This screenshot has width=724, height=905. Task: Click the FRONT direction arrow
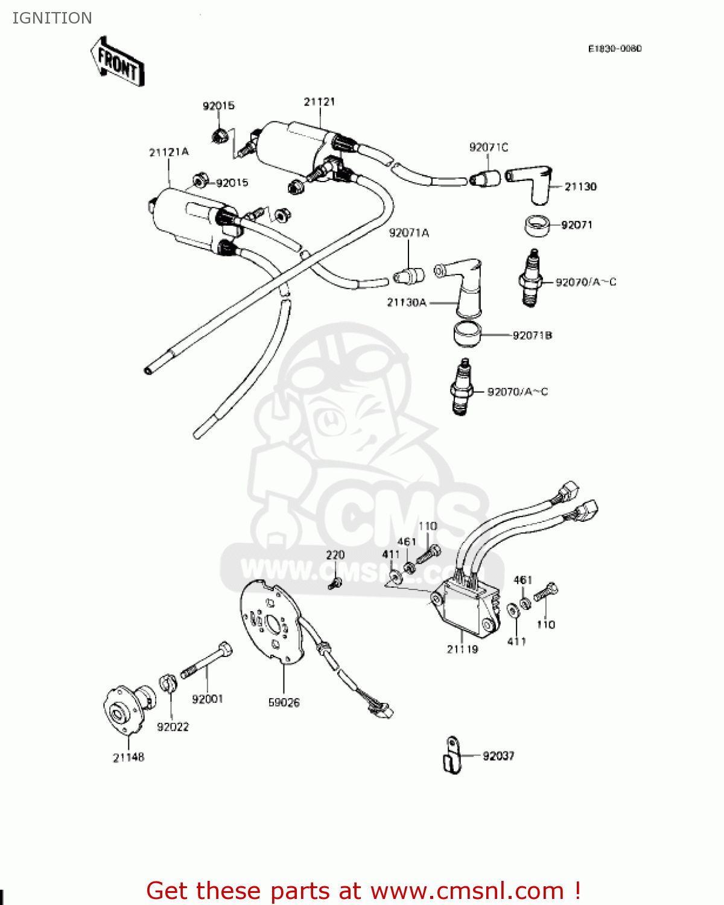point(118,62)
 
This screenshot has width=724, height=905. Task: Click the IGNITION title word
point(52,18)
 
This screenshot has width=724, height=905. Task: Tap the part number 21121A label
point(169,152)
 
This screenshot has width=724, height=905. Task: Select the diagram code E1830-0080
point(615,48)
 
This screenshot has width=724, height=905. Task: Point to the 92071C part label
point(489,147)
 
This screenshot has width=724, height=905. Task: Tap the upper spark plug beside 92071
point(530,280)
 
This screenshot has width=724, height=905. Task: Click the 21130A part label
point(406,302)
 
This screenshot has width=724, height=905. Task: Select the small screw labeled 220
point(335,583)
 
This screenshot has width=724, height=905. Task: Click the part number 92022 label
point(173,727)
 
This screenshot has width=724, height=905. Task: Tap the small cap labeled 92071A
point(409,276)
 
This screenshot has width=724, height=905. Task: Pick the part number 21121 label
point(319,102)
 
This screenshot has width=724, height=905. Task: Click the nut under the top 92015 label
point(220,135)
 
